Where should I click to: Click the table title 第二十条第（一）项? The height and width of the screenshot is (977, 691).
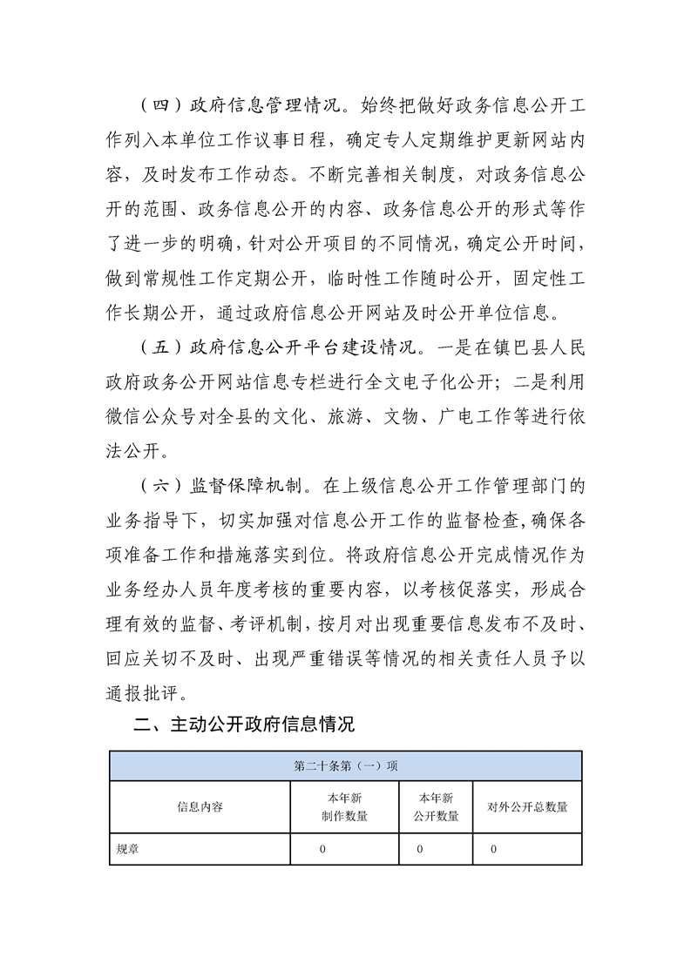click(346, 766)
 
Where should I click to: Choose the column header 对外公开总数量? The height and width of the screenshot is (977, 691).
click(527, 807)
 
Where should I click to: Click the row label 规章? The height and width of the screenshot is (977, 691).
click(128, 849)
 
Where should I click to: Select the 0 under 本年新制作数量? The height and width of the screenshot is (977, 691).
click(322, 849)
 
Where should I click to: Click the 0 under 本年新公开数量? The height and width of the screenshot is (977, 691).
click(420, 849)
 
